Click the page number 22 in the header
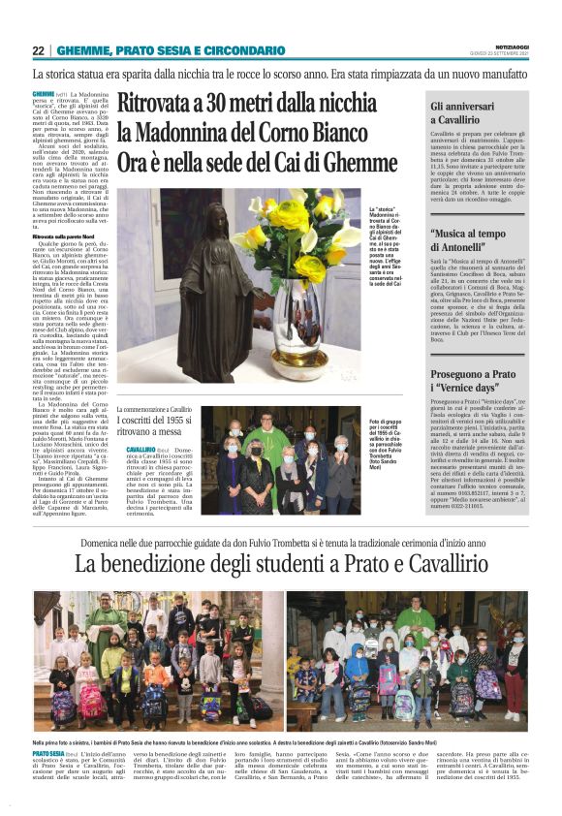coord(39,50)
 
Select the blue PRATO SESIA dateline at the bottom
coord(48,752)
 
